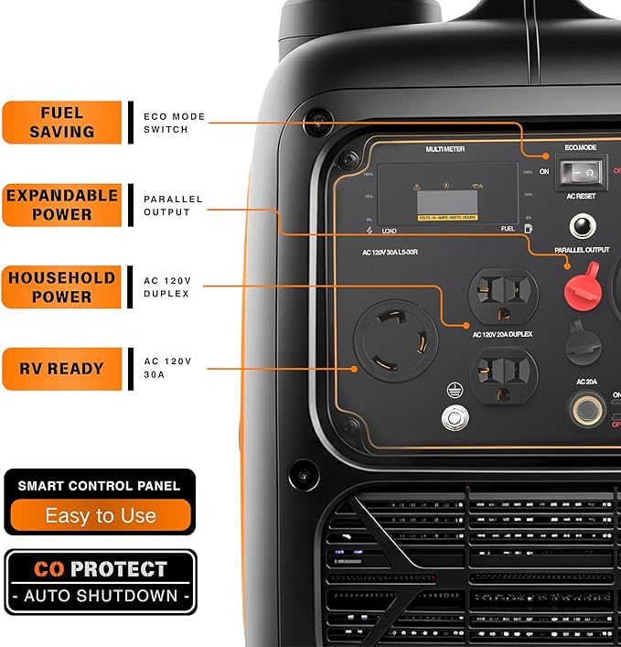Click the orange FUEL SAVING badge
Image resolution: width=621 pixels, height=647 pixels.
61,122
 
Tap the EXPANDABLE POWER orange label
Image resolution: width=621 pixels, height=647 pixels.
61,204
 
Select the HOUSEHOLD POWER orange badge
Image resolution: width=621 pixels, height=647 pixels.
61,286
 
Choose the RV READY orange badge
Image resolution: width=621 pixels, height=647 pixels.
61,369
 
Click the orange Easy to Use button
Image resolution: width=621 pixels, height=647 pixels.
101,515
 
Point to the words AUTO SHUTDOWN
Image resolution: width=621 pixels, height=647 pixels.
101,596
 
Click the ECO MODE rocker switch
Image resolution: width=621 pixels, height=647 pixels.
579,170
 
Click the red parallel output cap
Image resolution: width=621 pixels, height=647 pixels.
584,286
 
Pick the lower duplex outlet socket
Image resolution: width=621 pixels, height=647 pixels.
503,375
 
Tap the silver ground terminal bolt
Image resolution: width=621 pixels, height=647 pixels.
453,417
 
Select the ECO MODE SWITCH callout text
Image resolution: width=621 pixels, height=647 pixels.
174,123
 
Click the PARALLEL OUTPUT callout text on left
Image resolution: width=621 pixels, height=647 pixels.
173,205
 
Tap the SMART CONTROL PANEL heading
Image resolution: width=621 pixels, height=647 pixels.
100,485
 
